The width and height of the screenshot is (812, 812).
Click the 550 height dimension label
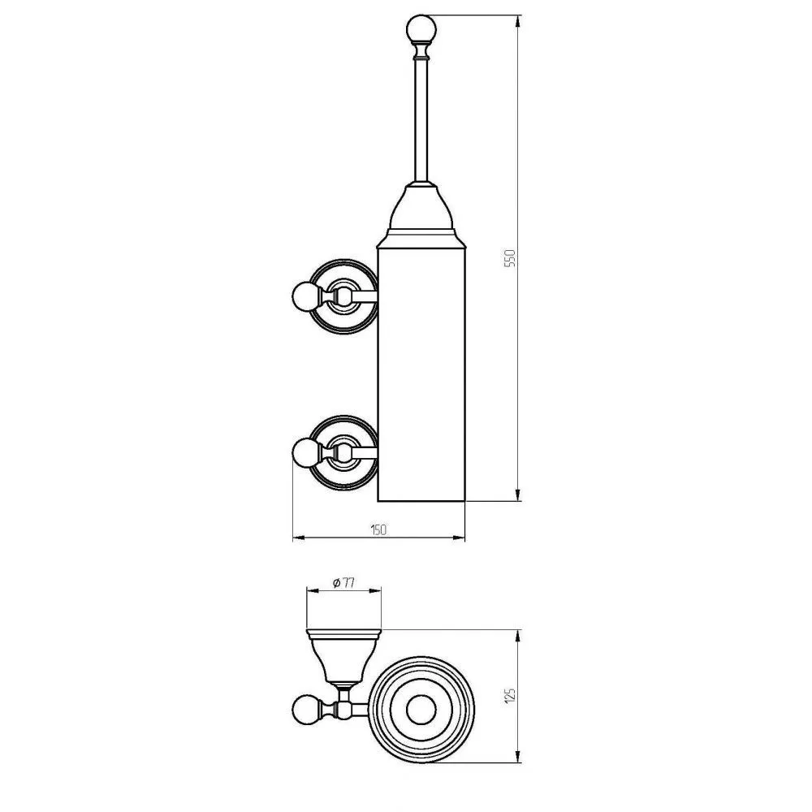(511, 258)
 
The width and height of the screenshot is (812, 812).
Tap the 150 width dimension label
(378, 530)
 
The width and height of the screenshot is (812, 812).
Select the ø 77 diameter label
(343, 583)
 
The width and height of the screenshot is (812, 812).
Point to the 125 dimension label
(511, 695)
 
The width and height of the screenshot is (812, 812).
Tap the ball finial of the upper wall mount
(307, 296)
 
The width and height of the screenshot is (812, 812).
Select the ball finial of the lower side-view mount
(307, 452)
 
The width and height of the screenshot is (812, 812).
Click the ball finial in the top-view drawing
(307, 709)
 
